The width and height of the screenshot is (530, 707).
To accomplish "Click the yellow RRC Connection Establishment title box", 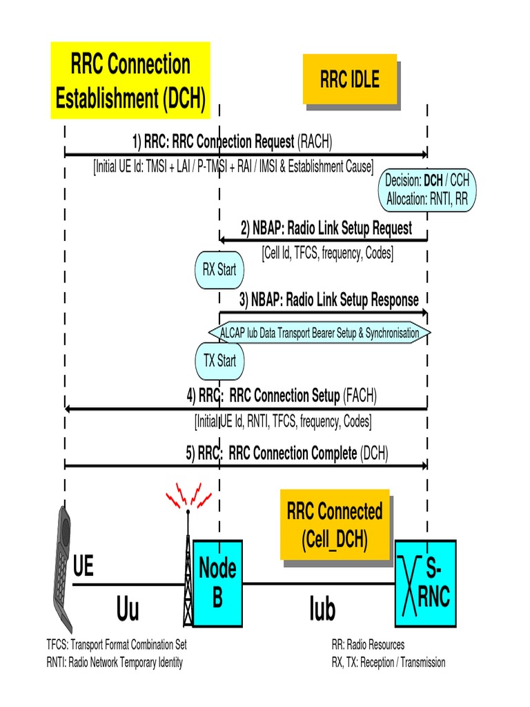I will tap(130, 80).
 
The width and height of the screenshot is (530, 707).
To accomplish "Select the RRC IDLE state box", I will tap(349, 79).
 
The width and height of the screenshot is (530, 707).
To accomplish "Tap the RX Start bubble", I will tap(219, 269).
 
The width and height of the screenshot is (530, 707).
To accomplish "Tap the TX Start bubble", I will tap(219, 360).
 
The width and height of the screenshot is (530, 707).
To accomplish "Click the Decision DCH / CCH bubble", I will tap(427, 190).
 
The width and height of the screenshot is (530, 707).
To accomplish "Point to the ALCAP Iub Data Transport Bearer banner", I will tap(319, 333).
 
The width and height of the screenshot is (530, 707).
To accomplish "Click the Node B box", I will tap(217, 583).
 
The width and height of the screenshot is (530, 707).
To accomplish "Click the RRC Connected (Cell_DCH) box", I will tap(334, 525).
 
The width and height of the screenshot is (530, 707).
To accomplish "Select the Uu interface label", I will tap(128, 610).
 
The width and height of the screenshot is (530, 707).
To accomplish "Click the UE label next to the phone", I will tap(83, 568).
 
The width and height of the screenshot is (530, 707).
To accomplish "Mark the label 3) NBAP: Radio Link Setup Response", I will tap(328, 300).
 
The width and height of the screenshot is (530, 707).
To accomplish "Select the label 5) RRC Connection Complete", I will tap(287, 453).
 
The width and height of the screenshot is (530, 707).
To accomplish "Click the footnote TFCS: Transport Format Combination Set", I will tap(116, 645).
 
